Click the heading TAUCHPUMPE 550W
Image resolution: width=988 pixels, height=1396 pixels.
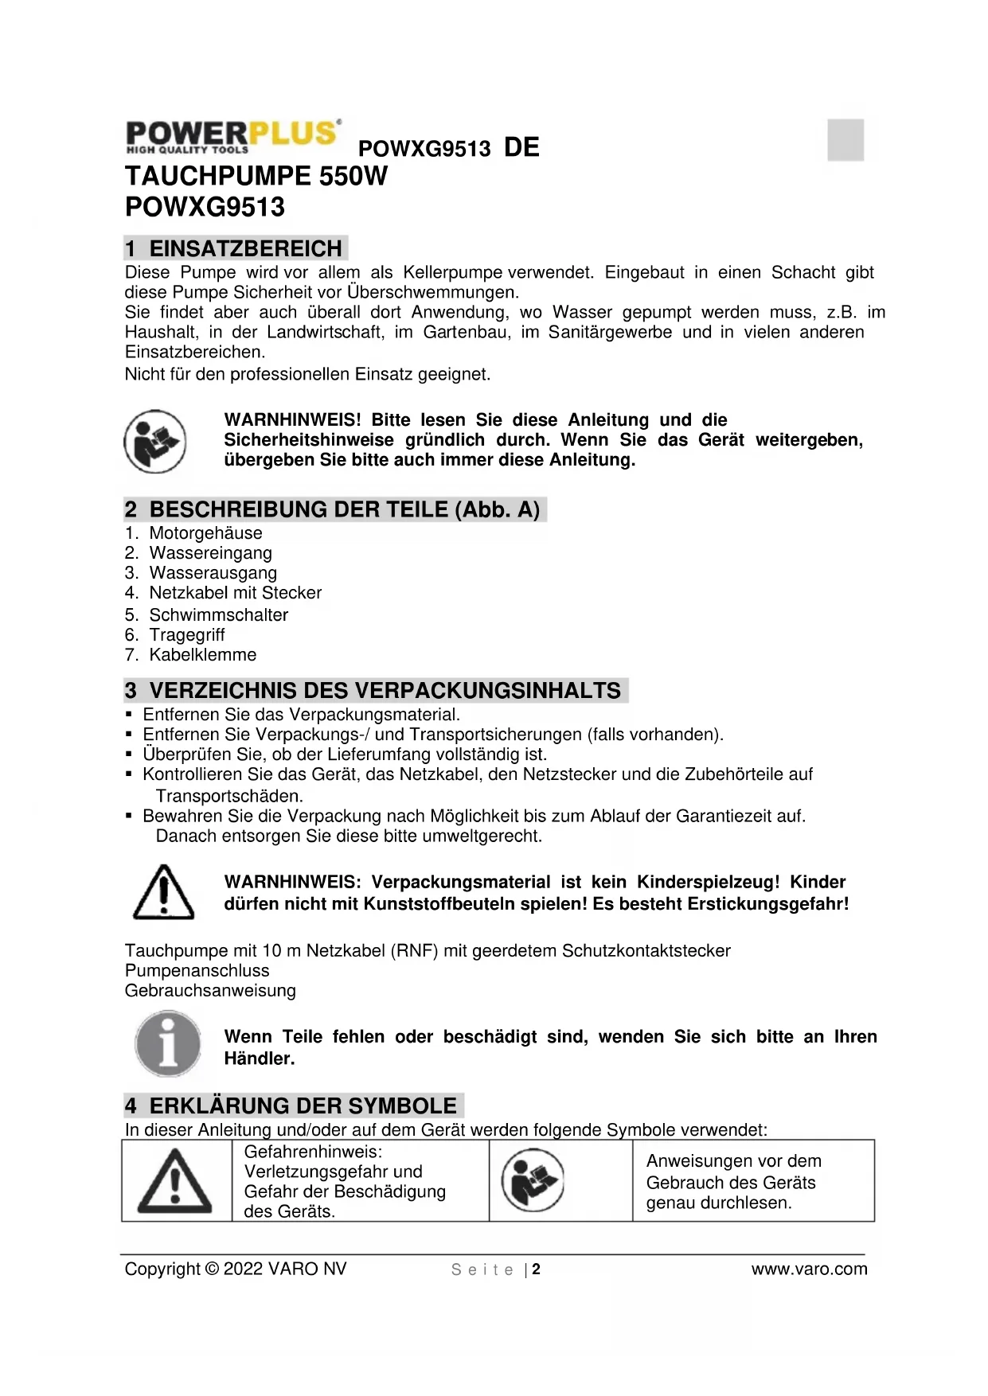256,176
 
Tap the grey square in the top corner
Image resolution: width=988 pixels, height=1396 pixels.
845,140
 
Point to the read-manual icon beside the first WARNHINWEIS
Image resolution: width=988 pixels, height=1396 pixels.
154,441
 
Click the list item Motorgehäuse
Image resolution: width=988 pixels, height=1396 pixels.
205,533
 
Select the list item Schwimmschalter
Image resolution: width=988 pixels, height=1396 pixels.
218,614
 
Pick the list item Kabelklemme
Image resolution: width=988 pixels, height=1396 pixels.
202,655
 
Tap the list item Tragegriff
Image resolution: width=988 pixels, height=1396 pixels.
186,635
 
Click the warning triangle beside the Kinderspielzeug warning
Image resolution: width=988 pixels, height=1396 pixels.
163,892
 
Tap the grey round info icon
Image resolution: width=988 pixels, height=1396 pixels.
168,1043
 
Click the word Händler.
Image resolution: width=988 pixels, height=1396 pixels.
260,1059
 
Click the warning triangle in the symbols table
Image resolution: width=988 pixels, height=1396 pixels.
175,1181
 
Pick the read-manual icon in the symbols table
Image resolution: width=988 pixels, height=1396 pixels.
533,1181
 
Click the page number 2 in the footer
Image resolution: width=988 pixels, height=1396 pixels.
537,1269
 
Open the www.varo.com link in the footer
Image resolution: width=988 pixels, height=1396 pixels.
809,1269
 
